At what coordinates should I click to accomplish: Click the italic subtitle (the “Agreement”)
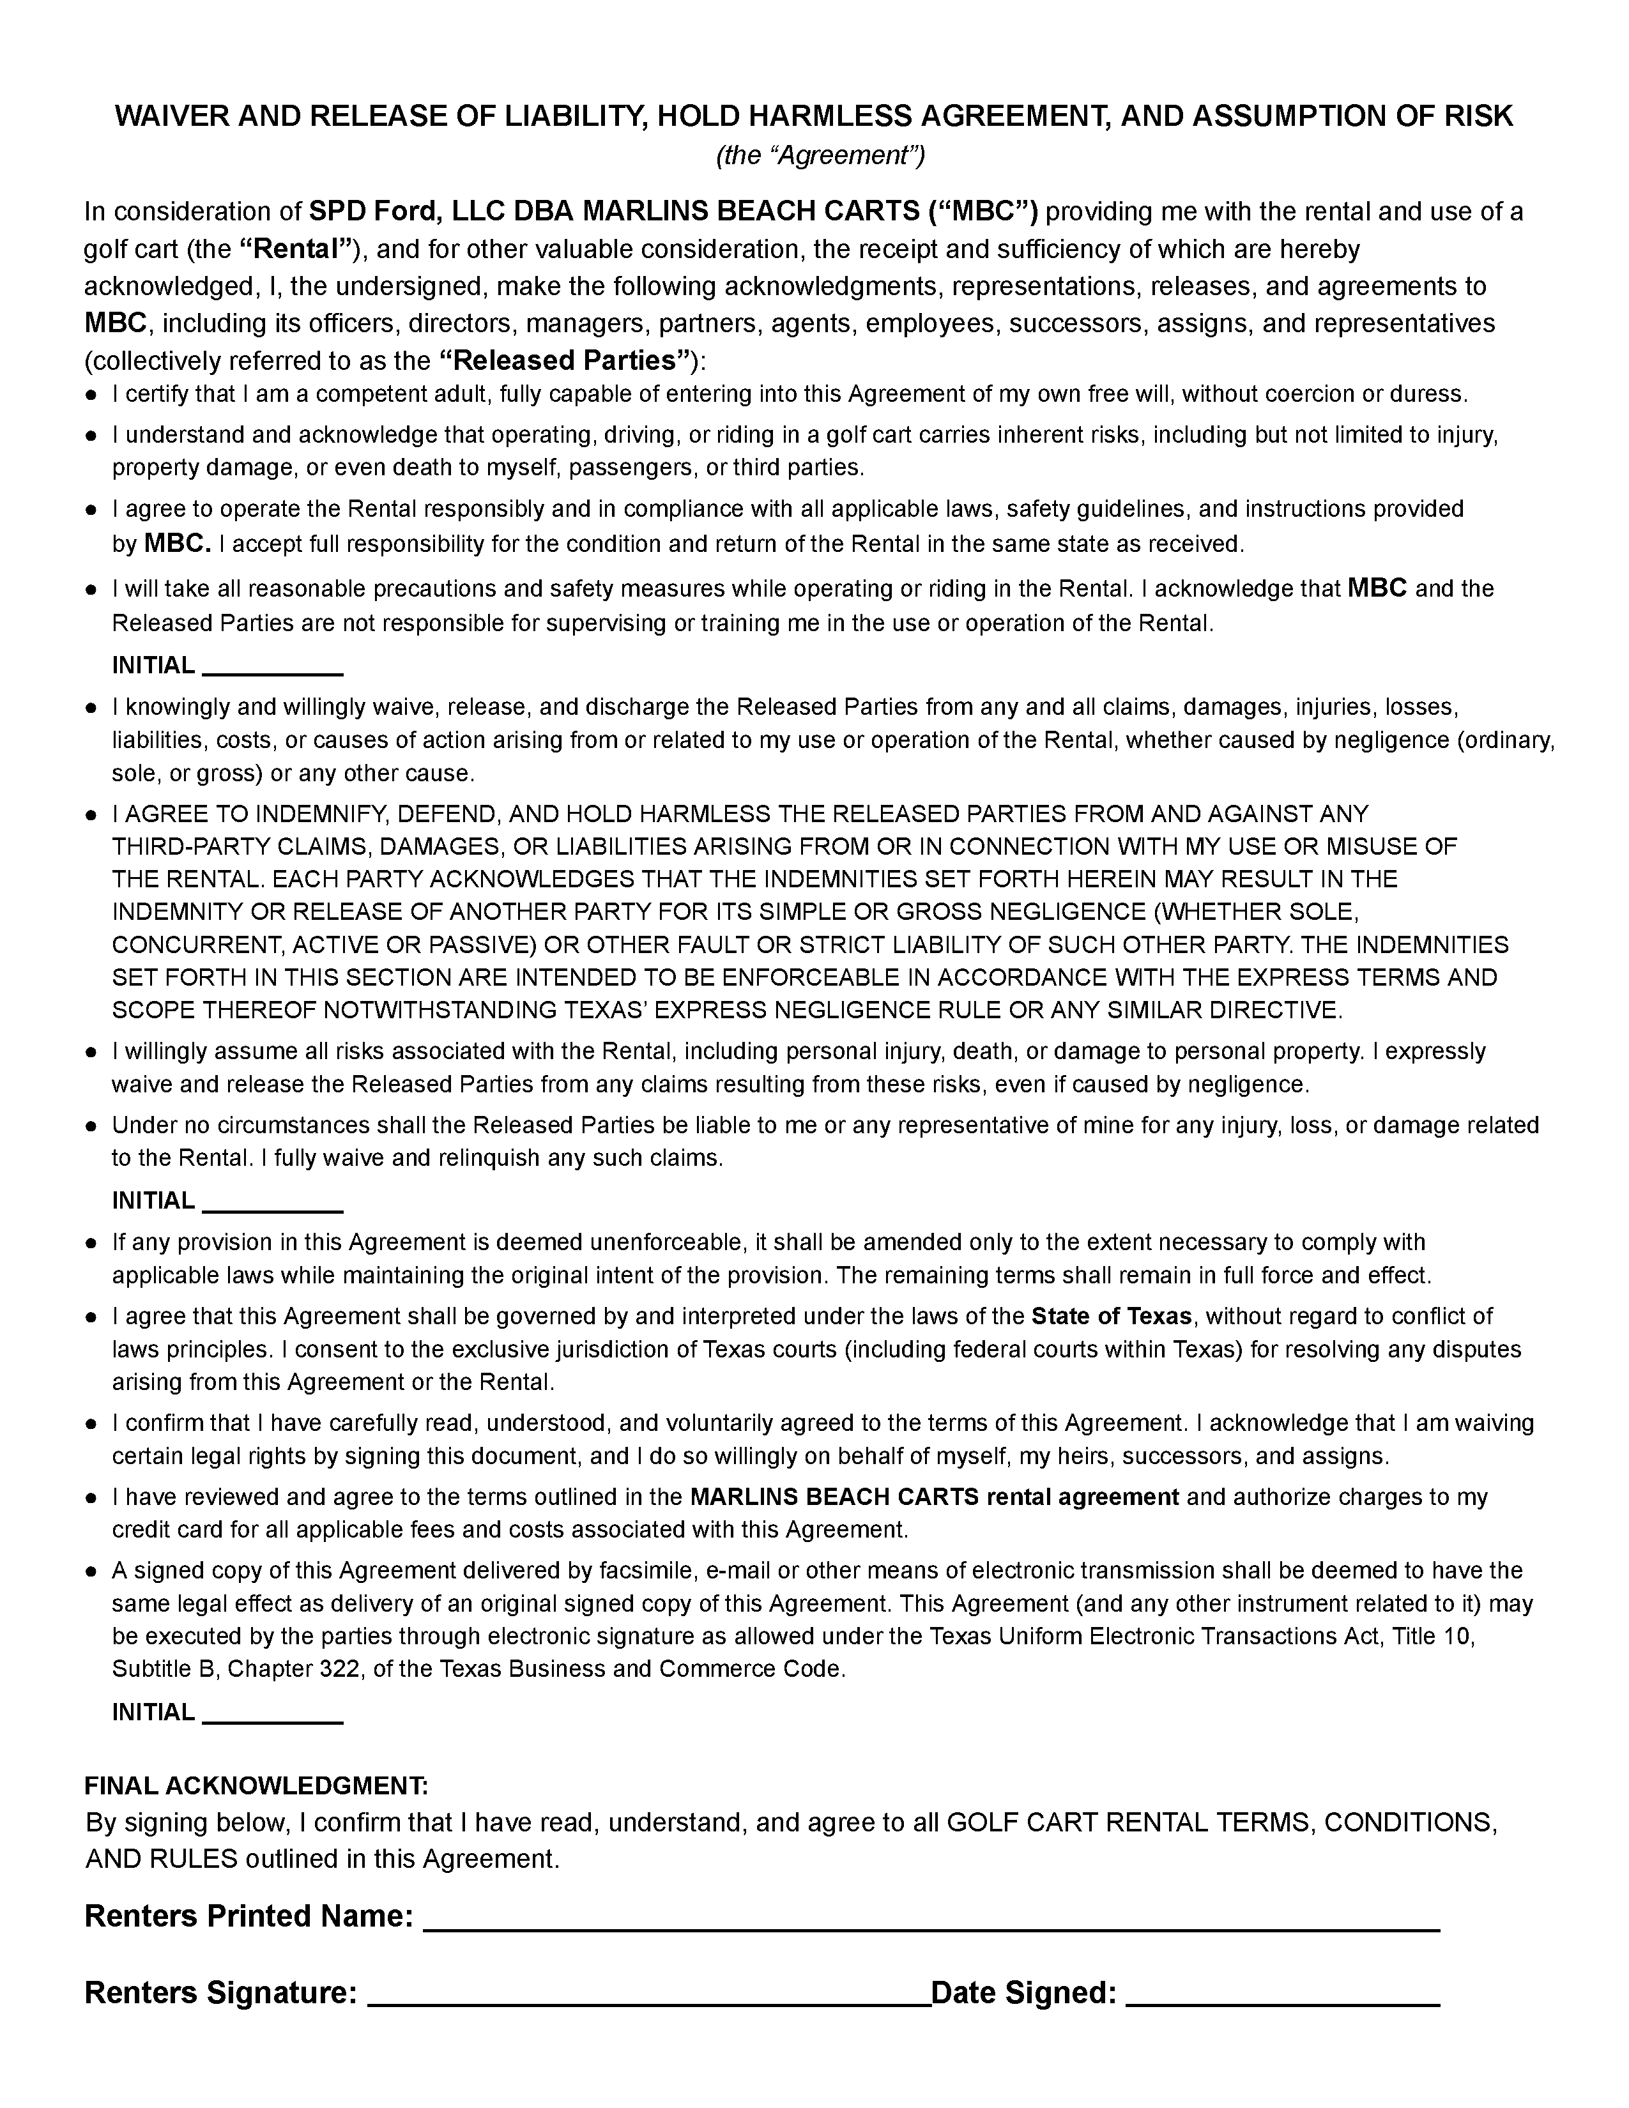click(820, 155)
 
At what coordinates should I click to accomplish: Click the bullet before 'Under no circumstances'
click(91, 1126)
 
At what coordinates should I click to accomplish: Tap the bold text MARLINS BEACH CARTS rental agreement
click(934, 1497)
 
